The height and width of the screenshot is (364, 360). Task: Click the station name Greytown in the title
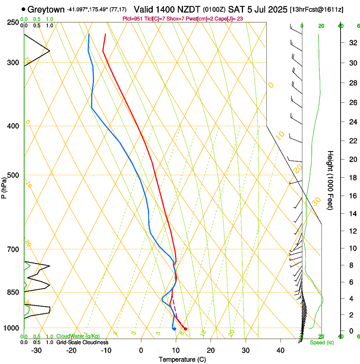pos(46,9)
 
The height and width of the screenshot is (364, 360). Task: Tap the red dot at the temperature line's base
pos(185,329)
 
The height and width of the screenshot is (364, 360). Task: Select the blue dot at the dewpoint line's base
pos(174,329)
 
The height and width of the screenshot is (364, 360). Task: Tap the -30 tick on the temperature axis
pos(36,350)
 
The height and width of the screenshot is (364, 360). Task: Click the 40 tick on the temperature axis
pos(280,350)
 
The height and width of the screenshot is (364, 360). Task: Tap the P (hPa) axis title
pos(4,187)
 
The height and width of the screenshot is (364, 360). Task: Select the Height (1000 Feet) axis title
pos(330,180)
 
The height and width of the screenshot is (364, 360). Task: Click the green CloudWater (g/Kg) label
pos(78,336)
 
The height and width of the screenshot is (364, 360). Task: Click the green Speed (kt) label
pos(321,342)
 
